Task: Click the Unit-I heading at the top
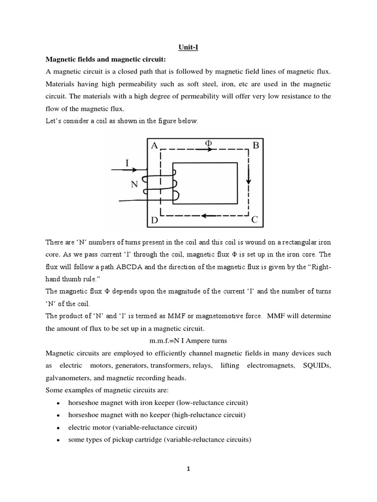188,48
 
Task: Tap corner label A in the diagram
155,146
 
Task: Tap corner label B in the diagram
255,146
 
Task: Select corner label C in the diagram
254,220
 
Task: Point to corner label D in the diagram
155,221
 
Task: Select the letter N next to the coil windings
134,185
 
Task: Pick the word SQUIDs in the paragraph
314,366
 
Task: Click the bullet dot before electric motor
58,428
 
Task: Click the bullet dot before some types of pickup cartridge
58,440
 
